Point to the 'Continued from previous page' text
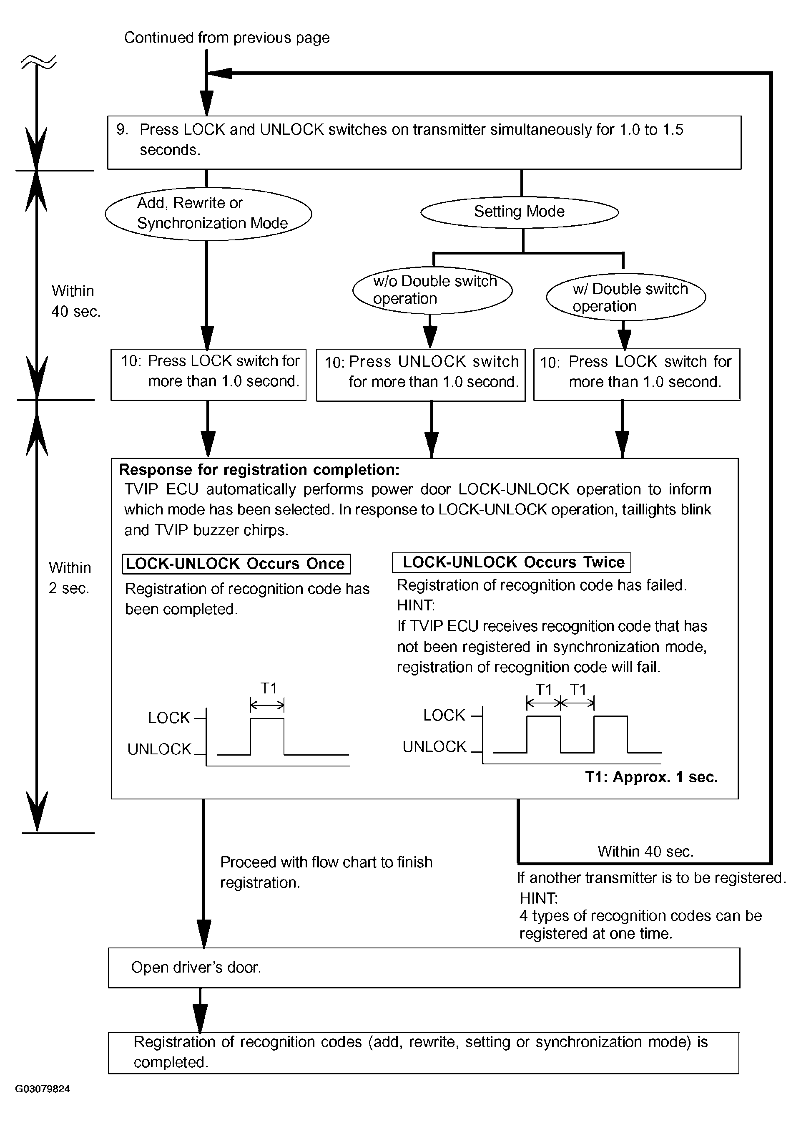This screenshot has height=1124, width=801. (227, 38)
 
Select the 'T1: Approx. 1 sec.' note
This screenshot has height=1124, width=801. (651, 777)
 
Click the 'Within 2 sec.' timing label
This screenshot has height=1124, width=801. (70, 578)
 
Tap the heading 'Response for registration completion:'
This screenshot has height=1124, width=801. (259, 469)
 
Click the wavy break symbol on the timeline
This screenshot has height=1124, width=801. (38, 63)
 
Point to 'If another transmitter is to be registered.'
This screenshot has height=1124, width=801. (651, 878)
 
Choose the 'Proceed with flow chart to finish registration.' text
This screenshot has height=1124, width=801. (326, 872)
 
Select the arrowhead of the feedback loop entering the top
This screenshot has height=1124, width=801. (219, 73)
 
